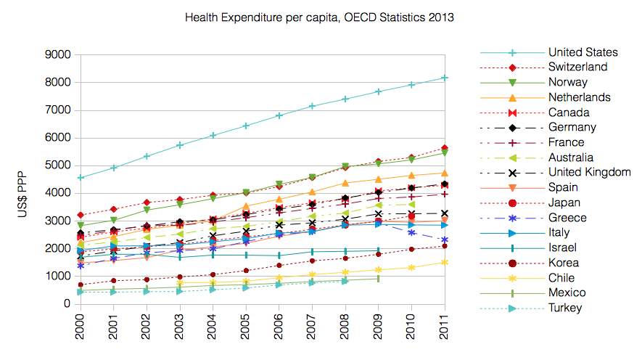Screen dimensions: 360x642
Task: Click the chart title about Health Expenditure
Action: tap(320, 17)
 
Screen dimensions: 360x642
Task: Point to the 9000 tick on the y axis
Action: tap(57, 54)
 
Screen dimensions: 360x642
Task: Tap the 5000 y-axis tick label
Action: tap(57, 165)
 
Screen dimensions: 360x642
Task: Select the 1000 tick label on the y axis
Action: tap(57, 277)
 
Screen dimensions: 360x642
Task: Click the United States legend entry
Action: tap(583, 52)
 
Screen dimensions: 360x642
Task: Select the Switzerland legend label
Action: tap(577, 67)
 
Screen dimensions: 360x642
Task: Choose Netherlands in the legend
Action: tap(580, 97)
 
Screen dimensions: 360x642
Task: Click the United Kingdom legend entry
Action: tap(589, 172)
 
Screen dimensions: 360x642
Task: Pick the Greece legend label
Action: tap(567, 217)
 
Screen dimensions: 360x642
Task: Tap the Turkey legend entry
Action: tap(565, 308)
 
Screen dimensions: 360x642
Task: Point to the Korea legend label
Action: tap(564, 262)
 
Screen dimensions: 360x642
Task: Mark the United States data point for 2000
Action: tap(80, 178)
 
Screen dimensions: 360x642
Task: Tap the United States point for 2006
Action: tap(280, 115)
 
